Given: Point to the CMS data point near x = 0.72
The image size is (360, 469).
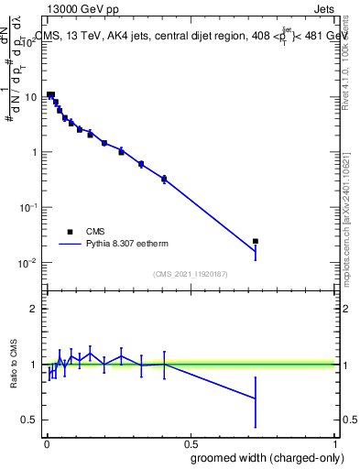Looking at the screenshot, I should [256, 241].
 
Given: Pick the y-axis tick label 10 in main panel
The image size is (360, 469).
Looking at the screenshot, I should [30, 96].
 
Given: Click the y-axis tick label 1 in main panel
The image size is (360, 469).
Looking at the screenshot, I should [34, 152].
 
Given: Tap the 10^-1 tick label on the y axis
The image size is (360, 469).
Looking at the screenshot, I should [28, 207].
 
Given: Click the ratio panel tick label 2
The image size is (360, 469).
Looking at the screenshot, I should [34, 309].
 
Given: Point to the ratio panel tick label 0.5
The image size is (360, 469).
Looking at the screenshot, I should [30, 420].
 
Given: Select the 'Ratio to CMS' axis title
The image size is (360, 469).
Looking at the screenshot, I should [13, 364].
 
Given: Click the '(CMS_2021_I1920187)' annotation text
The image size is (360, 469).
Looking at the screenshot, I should [190, 274].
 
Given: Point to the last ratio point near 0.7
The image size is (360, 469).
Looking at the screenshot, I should [256, 398].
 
